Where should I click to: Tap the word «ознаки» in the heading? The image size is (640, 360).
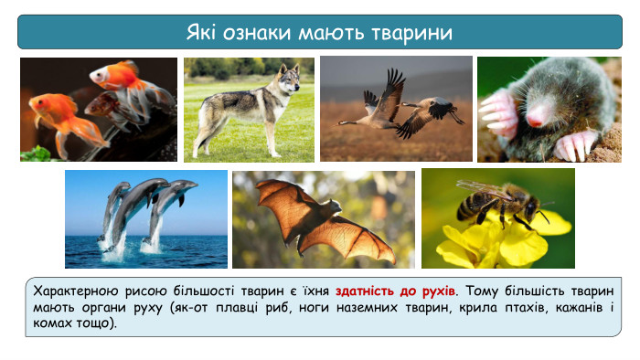click(x=257, y=34)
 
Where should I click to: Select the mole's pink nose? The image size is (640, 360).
click(x=538, y=114)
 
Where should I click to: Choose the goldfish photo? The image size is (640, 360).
click(x=99, y=110)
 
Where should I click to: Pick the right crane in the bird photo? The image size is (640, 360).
click(x=430, y=110)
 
